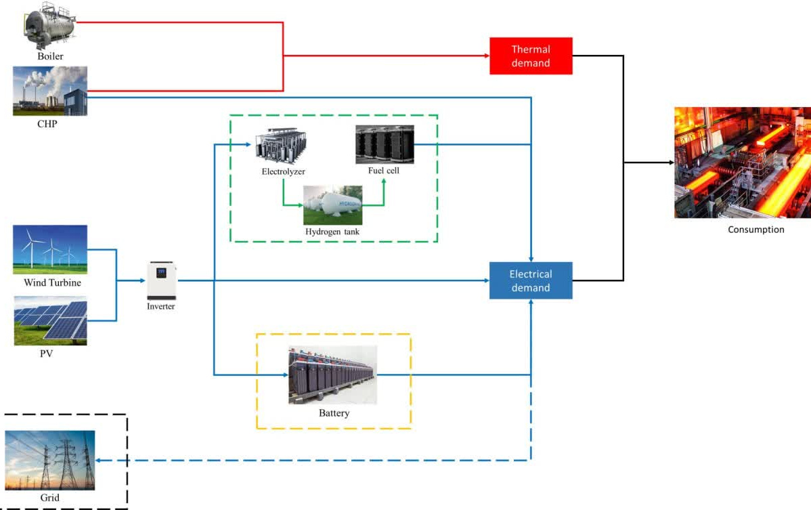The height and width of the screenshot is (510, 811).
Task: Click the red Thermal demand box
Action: pos(531,56)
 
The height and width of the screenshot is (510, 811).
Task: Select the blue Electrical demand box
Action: pos(531,280)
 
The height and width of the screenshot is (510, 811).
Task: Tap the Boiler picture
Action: pos(49,26)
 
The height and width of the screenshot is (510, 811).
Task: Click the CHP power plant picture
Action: pos(50,91)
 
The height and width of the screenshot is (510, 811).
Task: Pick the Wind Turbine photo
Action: pos(50,249)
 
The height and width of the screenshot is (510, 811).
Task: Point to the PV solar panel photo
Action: pos(50,320)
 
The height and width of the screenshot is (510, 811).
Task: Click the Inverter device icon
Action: pos(161,280)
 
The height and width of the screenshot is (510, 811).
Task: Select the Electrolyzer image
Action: pos(281,146)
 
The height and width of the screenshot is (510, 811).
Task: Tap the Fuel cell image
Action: pos(385,144)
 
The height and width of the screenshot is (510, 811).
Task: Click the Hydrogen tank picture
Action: pos(332,205)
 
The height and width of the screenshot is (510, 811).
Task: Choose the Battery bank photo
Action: pos(332,375)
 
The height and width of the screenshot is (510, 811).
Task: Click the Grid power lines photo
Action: pos(50,460)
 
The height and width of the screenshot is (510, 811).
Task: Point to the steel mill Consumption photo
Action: pos(743,163)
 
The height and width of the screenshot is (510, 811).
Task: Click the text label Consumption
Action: pos(755,230)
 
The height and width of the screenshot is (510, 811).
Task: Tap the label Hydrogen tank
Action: pos(332,232)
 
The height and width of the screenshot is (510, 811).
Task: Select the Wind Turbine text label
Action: pos(52,282)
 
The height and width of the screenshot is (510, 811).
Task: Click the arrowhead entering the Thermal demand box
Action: pos(487,56)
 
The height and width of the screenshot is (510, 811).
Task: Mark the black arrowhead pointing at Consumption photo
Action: pos(672,163)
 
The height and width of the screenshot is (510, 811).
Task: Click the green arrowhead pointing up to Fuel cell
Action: pos(384,182)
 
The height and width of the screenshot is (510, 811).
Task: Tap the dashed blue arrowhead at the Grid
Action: pos(99,461)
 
